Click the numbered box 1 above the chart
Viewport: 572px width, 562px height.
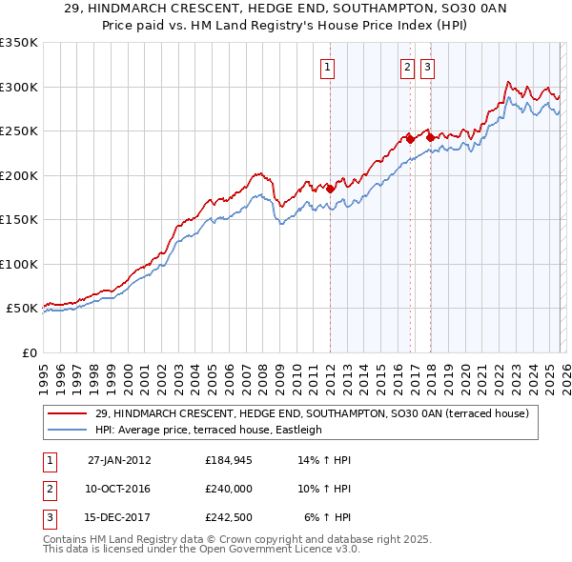pos(327,67)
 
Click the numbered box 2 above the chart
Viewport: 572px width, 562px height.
pos(407,67)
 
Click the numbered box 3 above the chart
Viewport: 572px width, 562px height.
pos(426,67)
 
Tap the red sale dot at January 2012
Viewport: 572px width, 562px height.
pos(331,189)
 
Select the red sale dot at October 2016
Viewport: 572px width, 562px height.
pos(410,139)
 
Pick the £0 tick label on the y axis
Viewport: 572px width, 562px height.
pos(28,352)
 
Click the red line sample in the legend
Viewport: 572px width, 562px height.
pos(68,412)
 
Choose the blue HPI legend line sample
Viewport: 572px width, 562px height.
pos(68,430)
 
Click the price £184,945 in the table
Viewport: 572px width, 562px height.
pos(228,460)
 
